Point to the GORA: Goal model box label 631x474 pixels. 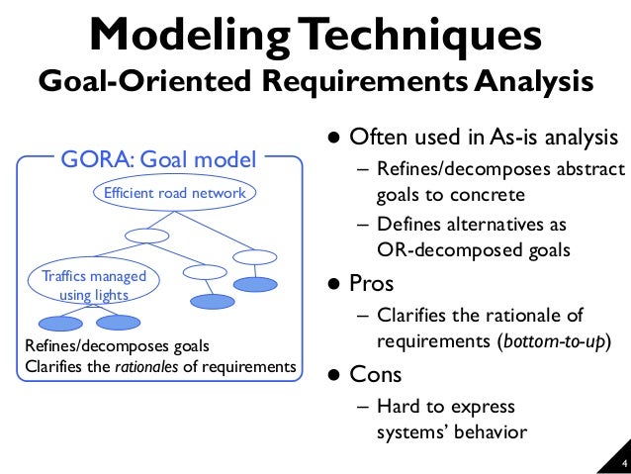(x=159, y=157)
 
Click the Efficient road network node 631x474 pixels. (x=175, y=192)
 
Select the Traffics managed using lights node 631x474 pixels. (x=89, y=285)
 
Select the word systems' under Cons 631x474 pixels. (x=411, y=431)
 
